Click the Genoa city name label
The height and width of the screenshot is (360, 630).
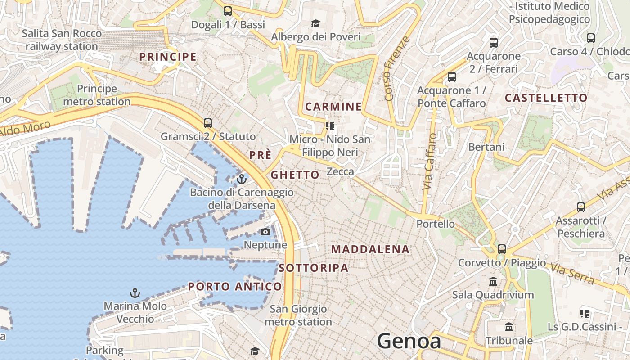[x=409, y=341]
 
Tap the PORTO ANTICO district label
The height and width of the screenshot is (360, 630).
[x=235, y=287]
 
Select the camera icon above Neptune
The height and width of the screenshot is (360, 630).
[x=265, y=232]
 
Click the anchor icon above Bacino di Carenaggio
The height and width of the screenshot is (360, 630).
[x=242, y=179]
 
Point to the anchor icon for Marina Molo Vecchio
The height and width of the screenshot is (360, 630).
[x=135, y=293]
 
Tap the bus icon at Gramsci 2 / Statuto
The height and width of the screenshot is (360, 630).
[x=207, y=123]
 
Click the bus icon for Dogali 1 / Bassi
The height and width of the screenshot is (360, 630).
[x=228, y=11]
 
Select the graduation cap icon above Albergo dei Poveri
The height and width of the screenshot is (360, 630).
[x=316, y=23]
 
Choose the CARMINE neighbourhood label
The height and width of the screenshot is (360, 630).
[x=333, y=107]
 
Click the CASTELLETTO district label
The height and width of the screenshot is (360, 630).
[x=546, y=98]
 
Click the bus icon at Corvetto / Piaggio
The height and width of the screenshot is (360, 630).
[x=501, y=249]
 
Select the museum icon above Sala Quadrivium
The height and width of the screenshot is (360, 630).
[x=493, y=282]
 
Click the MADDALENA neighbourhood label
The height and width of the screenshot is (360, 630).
[x=370, y=249]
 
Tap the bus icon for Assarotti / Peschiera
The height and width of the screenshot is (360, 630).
[x=581, y=207]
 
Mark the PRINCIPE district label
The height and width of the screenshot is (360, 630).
[x=168, y=57]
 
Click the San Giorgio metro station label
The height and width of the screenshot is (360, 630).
[x=298, y=315]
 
